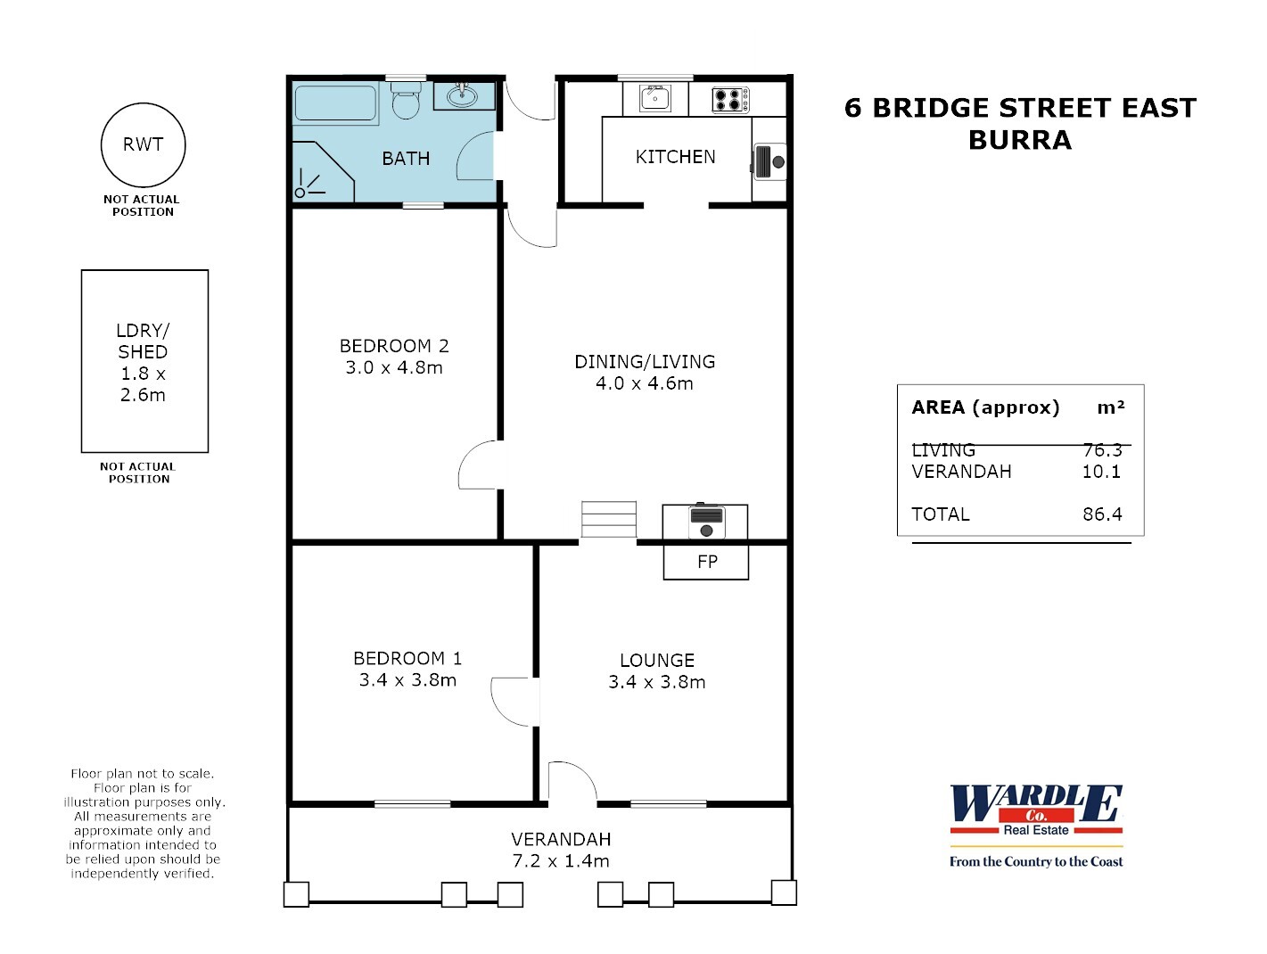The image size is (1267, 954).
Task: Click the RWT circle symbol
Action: [x=143, y=144]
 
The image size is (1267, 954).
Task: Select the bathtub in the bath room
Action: [x=335, y=103]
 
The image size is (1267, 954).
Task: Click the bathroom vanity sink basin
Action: [x=462, y=95]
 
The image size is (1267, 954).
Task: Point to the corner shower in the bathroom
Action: [x=319, y=173]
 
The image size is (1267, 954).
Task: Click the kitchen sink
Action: [x=655, y=98]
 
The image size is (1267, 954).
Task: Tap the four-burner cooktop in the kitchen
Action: [x=730, y=99]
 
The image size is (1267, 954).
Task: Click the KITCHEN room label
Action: [x=675, y=157]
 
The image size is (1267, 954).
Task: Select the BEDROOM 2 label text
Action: [x=394, y=346]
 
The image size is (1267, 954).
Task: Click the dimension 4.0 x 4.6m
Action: [x=644, y=383]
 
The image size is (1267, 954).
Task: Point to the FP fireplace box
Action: [x=706, y=562]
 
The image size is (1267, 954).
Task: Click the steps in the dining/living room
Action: [x=609, y=519]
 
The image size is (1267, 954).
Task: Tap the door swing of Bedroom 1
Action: [x=513, y=701]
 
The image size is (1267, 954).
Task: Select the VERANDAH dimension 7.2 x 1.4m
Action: [x=561, y=861]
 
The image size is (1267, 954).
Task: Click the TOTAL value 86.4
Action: [x=1102, y=514]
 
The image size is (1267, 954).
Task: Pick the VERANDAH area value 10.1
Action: [x=1101, y=472]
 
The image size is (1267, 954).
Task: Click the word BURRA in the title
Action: [x=1019, y=140]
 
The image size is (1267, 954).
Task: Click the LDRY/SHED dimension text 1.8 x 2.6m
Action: [x=144, y=384]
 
